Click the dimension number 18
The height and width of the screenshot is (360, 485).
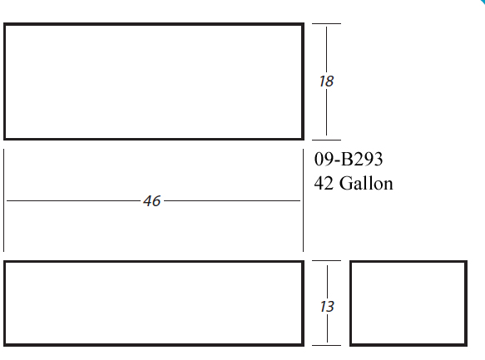[x=326, y=81]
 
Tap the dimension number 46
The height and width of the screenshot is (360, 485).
[x=152, y=201]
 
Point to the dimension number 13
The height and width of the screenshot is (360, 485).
[x=327, y=307]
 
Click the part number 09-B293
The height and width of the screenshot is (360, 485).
[x=349, y=159]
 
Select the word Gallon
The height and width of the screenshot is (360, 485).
[x=366, y=183]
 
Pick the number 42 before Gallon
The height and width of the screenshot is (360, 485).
[x=324, y=183]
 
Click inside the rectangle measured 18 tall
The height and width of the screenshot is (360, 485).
[x=154, y=81]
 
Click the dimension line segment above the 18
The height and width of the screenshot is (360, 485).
[x=326, y=50]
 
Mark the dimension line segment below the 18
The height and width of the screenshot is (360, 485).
[x=326, y=112]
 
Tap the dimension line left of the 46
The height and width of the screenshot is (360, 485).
[x=73, y=201]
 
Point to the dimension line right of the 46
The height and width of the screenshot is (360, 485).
[x=232, y=201]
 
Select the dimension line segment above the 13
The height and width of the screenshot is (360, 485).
[x=327, y=282]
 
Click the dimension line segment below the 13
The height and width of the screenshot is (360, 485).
[x=327, y=328]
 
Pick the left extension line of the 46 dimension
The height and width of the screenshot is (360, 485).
[x=3, y=200]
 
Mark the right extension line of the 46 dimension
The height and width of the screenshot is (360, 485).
[x=303, y=200]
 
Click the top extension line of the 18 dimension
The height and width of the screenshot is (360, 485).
[x=326, y=23]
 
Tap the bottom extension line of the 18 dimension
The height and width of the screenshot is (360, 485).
[x=326, y=140]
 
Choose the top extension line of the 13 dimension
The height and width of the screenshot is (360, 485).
[x=326, y=261]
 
